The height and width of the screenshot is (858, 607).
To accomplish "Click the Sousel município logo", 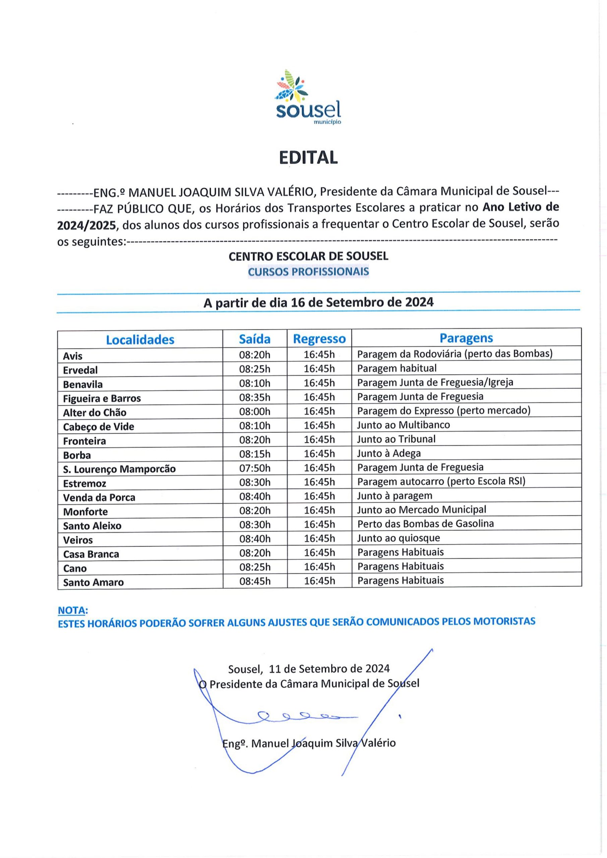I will pyautogui.click(x=308, y=97).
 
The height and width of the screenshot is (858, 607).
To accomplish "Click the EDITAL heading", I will pyautogui.click(x=308, y=157).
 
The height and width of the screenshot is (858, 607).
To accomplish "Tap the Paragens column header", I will pyautogui.click(x=466, y=338).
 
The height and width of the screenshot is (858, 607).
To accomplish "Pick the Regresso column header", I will pyautogui.click(x=319, y=339).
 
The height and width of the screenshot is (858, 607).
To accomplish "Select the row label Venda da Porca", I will pyautogui.click(x=99, y=497).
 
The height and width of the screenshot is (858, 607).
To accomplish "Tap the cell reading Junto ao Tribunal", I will pyautogui.click(x=396, y=439).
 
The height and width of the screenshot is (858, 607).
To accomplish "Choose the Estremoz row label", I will pyautogui.click(x=84, y=483).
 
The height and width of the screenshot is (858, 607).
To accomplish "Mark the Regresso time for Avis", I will pyautogui.click(x=319, y=354).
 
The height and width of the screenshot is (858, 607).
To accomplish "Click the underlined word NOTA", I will pyautogui.click(x=72, y=611).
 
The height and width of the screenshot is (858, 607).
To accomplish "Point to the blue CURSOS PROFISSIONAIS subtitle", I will pyautogui.click(x=308, y=272).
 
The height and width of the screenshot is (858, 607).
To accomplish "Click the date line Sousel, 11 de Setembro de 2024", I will pyautogui.click(x=309, y=668).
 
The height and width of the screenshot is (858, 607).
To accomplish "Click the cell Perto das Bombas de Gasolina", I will pyautogui.click(x=425, y=524).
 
